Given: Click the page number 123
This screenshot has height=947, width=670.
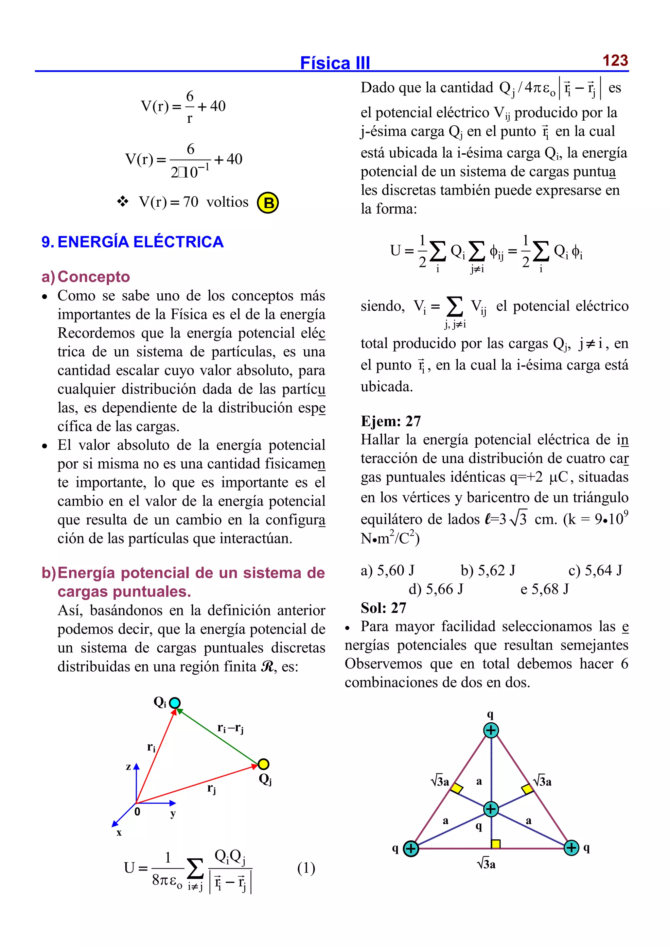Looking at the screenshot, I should tap(615, 60).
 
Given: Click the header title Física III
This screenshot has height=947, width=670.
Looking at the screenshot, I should tap(335, 63).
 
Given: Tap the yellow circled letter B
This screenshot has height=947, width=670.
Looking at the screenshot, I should tap(268, 203).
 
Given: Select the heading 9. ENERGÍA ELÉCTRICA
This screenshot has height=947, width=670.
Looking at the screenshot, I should tap(132, 242).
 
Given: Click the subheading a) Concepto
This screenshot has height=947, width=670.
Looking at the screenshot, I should tap(86, 276).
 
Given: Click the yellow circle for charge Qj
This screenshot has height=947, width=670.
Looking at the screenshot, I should tap(263, 764).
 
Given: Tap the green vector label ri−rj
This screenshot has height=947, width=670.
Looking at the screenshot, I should tap(230, 728).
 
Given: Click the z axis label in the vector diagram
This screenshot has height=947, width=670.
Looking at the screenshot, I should tap(129, 767).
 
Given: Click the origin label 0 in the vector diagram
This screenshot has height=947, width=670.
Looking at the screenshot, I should tap(137, 812).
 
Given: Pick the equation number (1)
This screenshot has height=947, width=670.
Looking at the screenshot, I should tap(306, 868).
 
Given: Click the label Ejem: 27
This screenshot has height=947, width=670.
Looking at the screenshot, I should tap(391, 421).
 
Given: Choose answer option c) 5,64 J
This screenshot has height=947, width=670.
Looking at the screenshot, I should tap(595, 570).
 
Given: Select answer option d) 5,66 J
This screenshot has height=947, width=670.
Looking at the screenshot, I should tap(436, 589).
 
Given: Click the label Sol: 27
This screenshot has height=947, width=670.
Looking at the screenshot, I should tap(383, 608).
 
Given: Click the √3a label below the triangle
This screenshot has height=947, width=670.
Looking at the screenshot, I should tap(486, 864).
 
